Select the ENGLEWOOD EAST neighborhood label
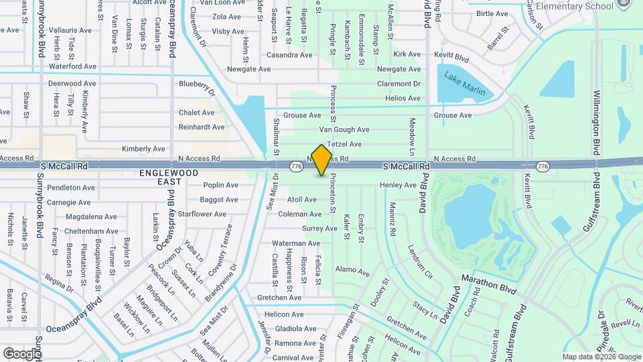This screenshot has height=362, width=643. (x=160, y=177)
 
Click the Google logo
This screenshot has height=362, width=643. (x=21, y=353)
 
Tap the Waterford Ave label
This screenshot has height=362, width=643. (x=74, y=66)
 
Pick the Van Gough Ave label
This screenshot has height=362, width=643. (x=344, y=129)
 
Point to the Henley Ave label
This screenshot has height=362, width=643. (x=398, y=185)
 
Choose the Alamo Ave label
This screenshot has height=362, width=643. (x=352, y=271)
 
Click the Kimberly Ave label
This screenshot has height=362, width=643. (x=143, y=149)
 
